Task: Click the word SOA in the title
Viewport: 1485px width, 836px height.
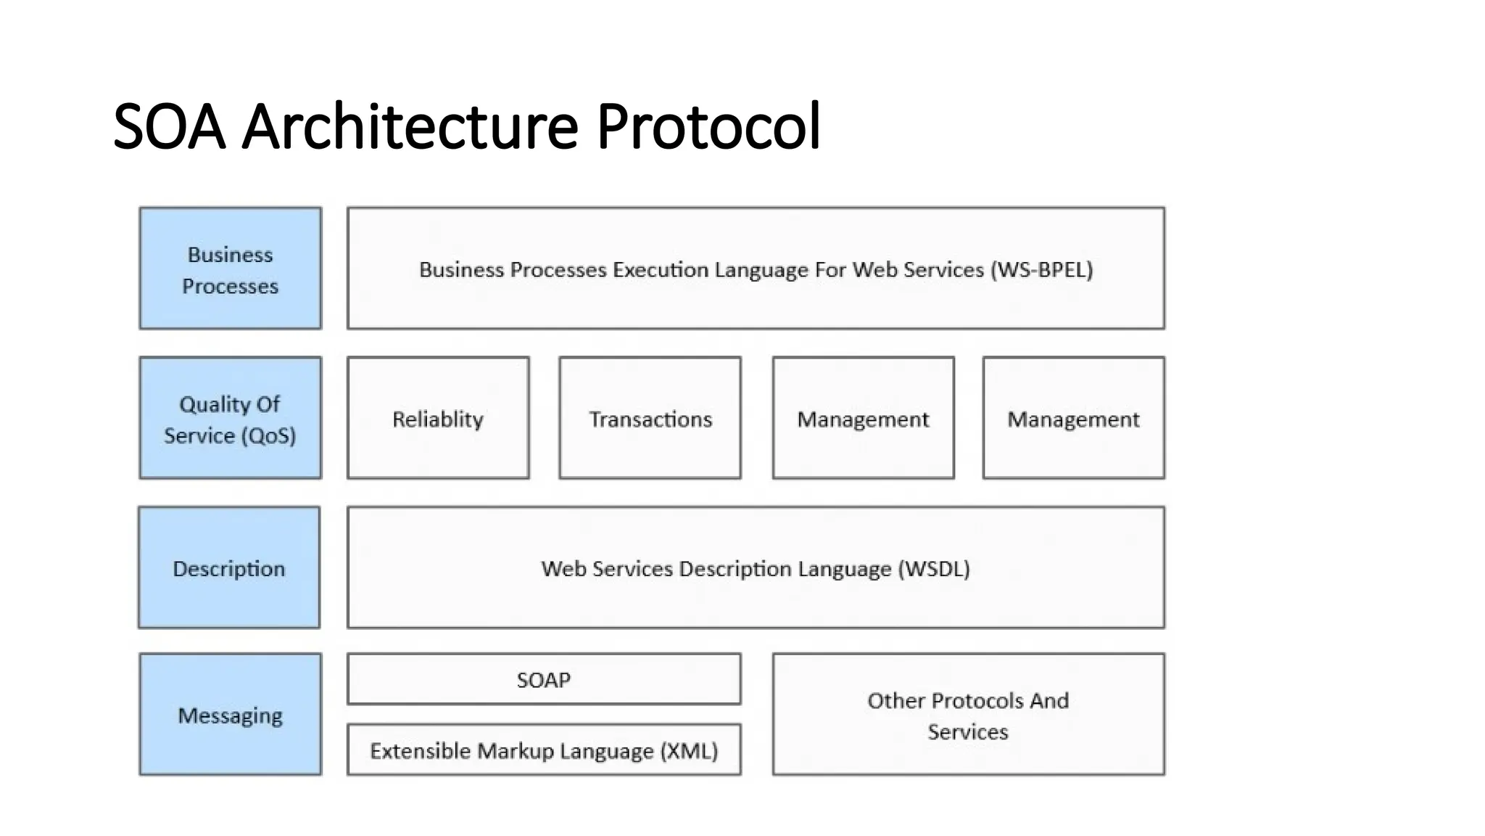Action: click(170, 127)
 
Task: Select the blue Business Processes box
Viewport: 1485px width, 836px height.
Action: click(231, 269)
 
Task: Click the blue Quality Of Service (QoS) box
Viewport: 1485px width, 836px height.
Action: click(231, 419)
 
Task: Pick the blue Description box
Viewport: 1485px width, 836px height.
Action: click(229, 568)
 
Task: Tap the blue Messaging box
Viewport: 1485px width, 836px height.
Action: click(231, 715)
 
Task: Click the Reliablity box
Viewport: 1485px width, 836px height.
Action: click(438, 419)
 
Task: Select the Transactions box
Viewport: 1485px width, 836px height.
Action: click(650, 419)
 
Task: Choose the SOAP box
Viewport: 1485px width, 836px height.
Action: click(544, 680)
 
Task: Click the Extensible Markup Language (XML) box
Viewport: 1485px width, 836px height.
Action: click(544, 750)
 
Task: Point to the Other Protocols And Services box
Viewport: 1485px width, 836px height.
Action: click(968, 715)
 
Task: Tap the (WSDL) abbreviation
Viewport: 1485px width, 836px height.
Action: click(934, 569)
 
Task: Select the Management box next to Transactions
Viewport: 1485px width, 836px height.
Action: click(863, 419)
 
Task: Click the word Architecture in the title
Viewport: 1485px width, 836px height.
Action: click(410, 127)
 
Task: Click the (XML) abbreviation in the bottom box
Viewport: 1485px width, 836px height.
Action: click(689, 751)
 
